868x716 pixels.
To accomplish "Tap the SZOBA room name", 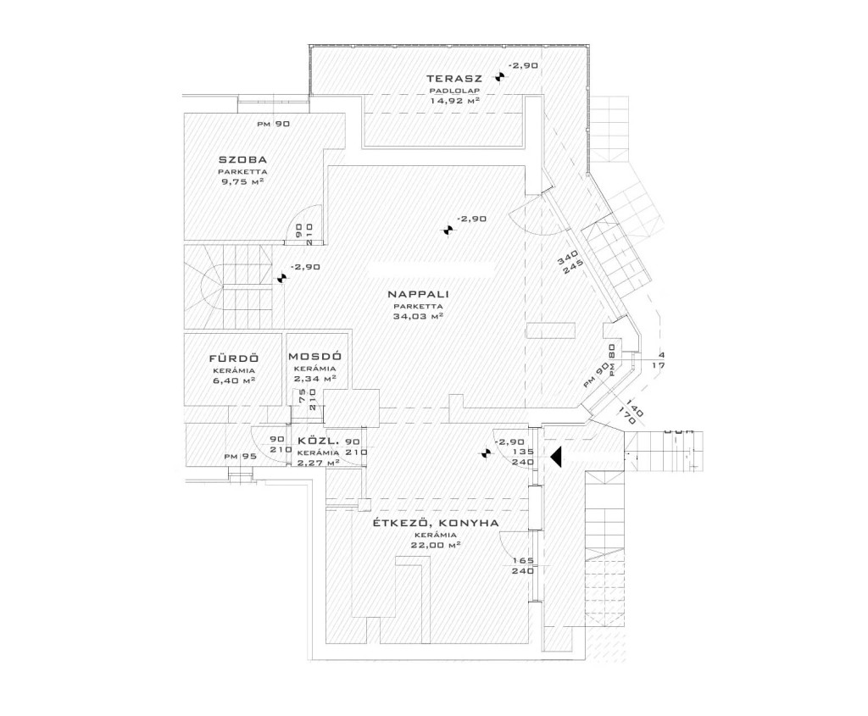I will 242,159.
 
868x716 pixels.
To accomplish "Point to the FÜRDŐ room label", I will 233,358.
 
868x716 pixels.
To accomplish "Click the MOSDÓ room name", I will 315,358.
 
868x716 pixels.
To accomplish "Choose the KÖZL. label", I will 318,442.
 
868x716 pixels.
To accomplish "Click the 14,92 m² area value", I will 455,100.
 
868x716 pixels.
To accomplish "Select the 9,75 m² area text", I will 242,181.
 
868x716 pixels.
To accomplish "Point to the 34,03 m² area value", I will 418,316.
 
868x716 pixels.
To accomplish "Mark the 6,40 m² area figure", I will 233,380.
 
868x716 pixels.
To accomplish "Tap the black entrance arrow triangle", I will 556,458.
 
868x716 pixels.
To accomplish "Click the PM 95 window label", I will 241,457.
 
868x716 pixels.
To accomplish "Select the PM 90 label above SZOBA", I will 274,125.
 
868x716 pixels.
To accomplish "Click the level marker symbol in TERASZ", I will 501,78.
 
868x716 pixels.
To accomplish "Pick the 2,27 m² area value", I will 318,463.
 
